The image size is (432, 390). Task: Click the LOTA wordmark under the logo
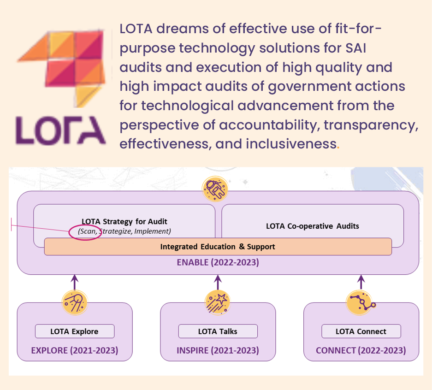60,130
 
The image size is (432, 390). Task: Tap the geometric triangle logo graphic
62,68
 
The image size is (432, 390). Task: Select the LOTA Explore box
75,331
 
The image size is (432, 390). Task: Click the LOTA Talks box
218,331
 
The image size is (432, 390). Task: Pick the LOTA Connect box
361,331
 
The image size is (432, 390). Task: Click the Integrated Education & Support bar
218,247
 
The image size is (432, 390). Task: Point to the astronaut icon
215,189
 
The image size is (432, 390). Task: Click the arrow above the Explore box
75,282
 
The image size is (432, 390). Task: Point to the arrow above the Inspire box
218,282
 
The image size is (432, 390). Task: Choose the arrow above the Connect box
361,282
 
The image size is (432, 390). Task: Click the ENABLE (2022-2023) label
218,262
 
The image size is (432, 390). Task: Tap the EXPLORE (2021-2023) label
75,350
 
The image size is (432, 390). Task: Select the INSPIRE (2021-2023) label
218,350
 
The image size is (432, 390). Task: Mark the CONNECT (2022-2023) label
361,350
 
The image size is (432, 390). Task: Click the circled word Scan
88,231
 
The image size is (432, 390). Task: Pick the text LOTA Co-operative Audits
313,226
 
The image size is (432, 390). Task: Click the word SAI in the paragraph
356,48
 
